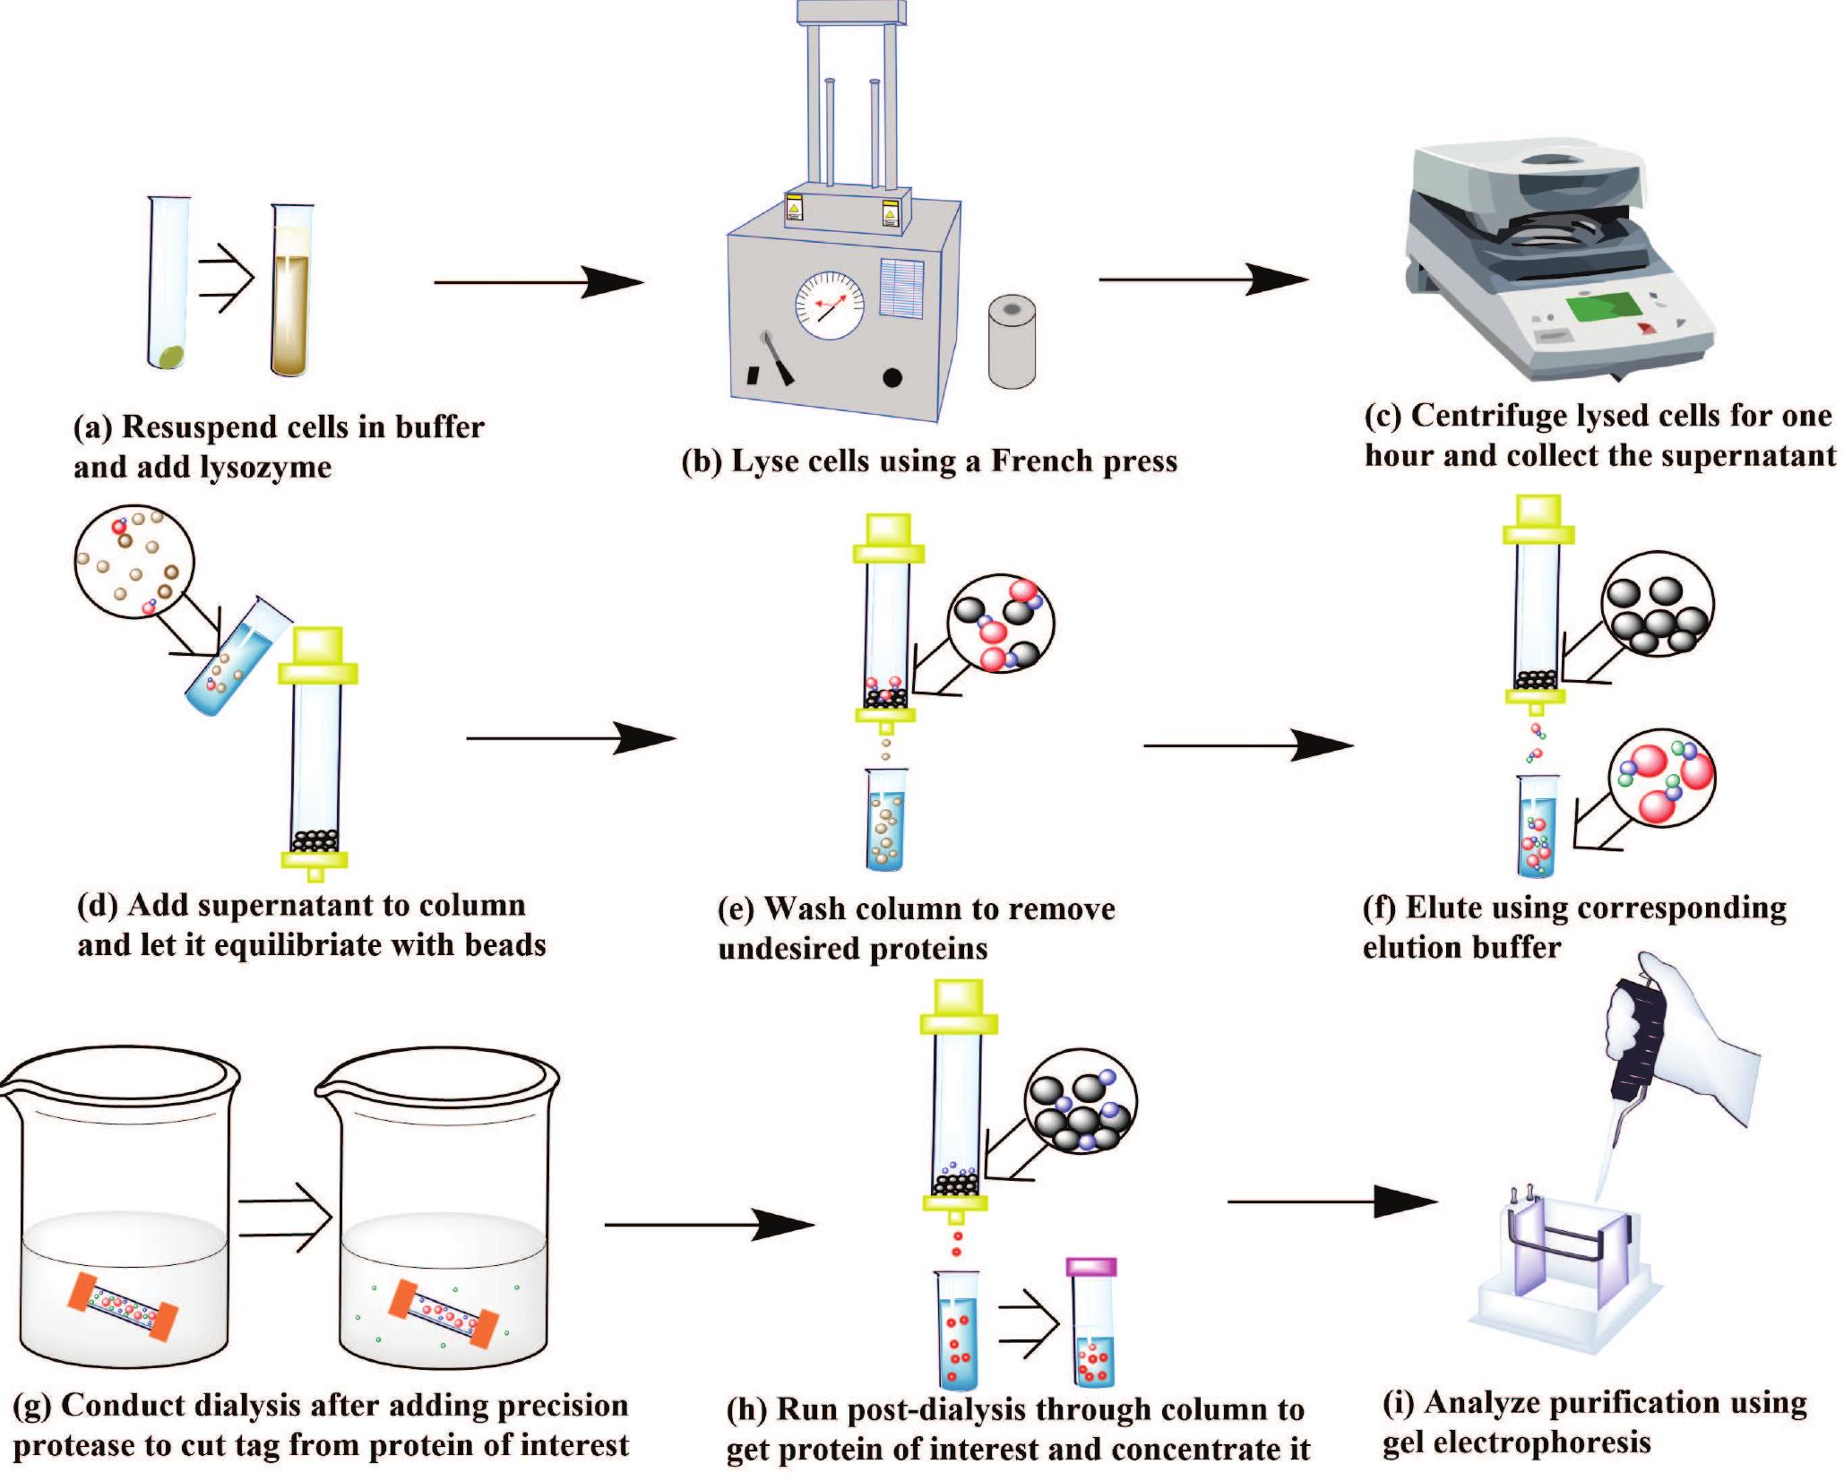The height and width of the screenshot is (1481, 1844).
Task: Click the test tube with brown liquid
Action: [x=292, y=296]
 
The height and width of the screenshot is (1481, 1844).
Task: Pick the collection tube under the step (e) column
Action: [x=886, y=820]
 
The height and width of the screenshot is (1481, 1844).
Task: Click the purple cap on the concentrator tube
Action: [x=1091, y=1267]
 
